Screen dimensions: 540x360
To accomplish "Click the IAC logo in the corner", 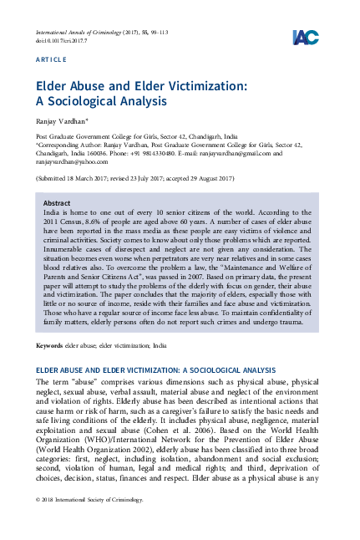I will click(x=304, y=37).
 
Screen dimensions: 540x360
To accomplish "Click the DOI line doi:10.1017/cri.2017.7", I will click(x=61, y=39).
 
